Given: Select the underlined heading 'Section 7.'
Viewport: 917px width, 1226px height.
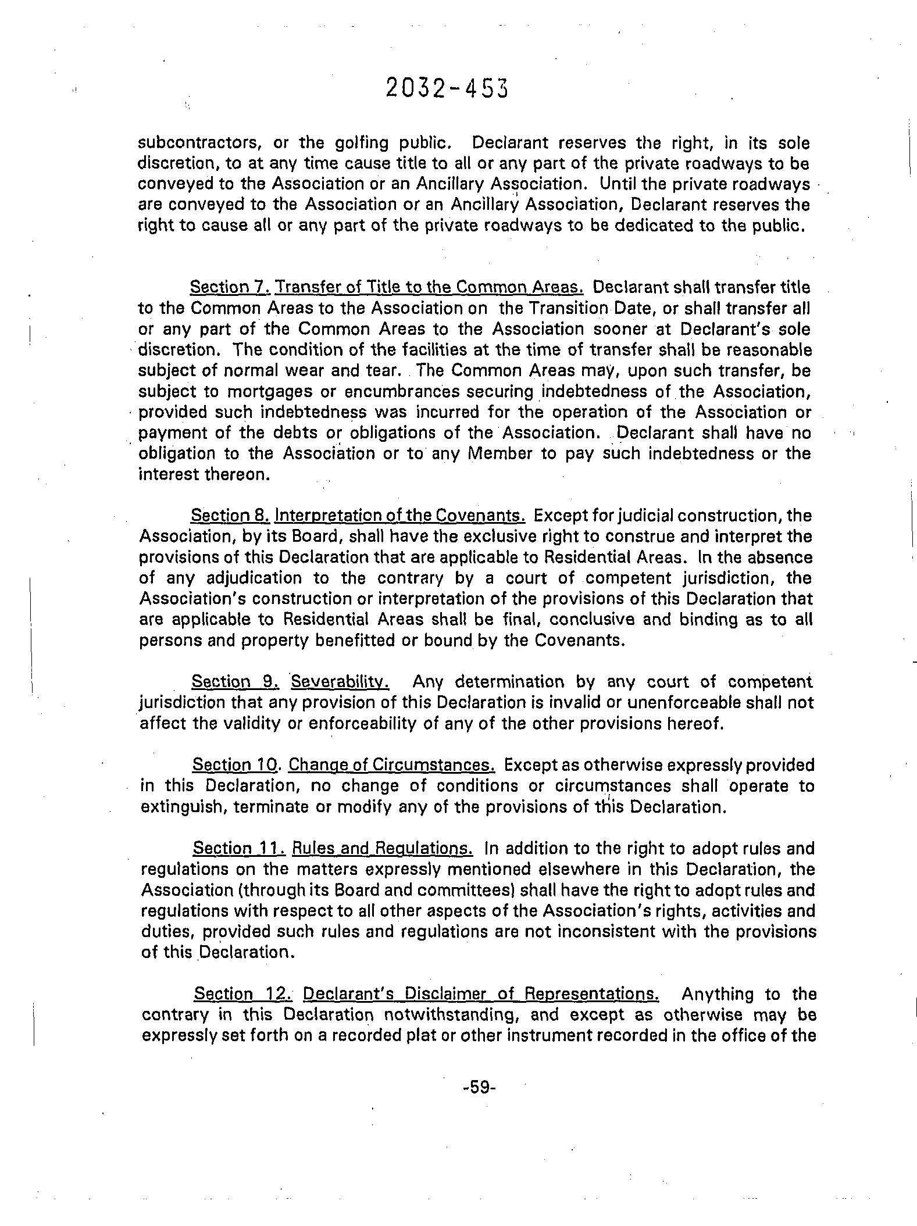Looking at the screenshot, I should pyautogui.click(x=230, y=287).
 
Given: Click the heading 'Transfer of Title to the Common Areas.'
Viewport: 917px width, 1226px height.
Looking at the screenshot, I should pyautogui.click(x=429, y=287).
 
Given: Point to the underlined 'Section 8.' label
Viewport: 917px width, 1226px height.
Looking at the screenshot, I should pyautogui.click(x=230, y=516).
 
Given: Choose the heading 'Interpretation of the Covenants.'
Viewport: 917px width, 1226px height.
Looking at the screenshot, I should pyautogui.click(x=400, y=516).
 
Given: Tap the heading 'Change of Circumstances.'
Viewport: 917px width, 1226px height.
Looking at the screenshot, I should pyautogui.click(x=391, y=764).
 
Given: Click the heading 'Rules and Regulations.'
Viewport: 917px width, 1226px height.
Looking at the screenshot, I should pyautogui.click(x=382, y=848).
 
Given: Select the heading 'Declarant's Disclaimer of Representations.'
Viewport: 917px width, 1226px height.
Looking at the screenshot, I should pyautogui.click(x=481, y=994).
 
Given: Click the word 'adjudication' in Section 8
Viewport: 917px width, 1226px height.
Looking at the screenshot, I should pyautogui.click(x=254, y=578).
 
